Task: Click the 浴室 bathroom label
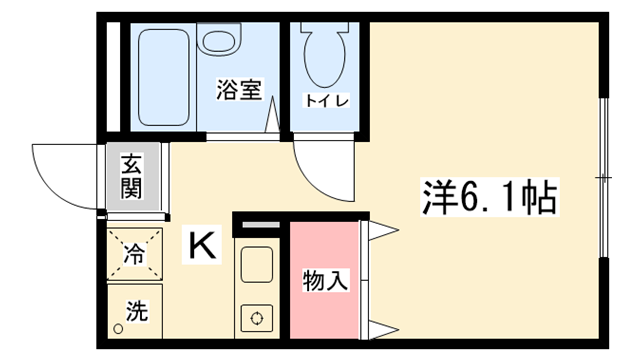(x=239, y=89)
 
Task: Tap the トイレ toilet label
(x=327, y=100)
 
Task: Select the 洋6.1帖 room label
(x=490, y=197)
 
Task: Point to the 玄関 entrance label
(x=132, y=176)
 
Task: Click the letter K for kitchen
(x=202, y=244)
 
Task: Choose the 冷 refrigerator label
(x=134, y=253)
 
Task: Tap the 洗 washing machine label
(x=136, y=311)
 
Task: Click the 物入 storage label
(x=325, y=280)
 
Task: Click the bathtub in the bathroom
(x=164, y=77)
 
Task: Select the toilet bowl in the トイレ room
(x=325, y=55)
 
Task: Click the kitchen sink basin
(x=257, y=264)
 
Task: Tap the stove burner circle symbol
(x=257, y=318)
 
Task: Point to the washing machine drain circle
(x=118, y=329)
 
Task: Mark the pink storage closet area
(x=324, y=280)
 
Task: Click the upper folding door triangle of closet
(x=382, y=231)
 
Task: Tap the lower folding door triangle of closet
(x=382, y=329)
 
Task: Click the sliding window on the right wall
(x=604, y=177)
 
